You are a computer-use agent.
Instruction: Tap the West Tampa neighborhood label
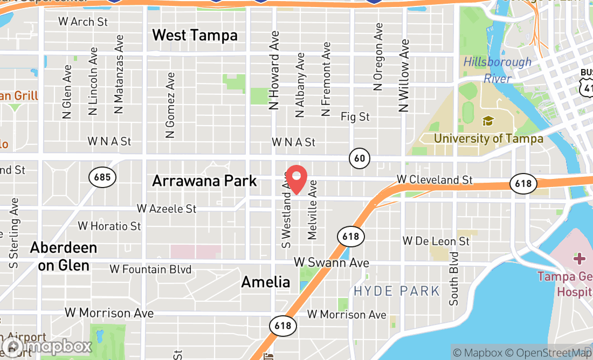(195, 36)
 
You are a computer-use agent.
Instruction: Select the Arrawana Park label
(204, 181)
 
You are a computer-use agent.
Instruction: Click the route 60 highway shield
(359, 158)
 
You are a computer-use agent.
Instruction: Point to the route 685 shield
(101, 177)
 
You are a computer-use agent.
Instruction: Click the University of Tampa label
(488, 139)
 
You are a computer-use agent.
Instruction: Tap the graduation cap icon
(488, 121)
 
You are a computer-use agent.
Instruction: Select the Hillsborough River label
(497, 70)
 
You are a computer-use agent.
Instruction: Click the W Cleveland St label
(435, 179)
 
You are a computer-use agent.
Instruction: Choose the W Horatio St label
(109, 226)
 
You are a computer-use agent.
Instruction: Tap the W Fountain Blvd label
(150, 269)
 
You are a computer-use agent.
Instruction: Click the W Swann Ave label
(331, 262)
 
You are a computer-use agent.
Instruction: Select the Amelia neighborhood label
(265, 281)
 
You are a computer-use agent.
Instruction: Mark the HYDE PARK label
(397, 292)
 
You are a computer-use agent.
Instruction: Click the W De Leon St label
(436, 240)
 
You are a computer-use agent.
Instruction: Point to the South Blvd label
(454, 278)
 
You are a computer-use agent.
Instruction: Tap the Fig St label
(355, 116)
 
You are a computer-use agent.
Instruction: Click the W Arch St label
(83, 22)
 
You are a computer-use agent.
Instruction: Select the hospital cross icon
(580, 259)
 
